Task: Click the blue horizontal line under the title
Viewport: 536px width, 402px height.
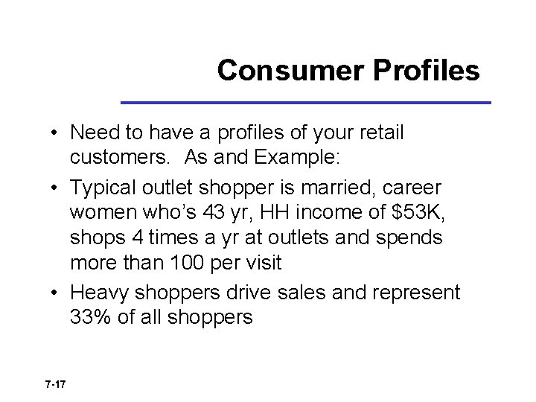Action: pyautogui.click(x=306, y=102)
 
